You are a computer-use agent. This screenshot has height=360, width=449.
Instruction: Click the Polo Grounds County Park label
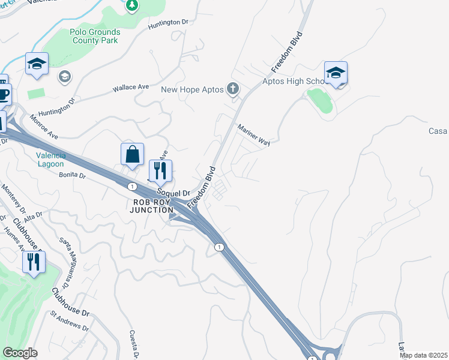pos(95,36)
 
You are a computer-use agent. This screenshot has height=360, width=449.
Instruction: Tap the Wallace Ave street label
pos(130,88)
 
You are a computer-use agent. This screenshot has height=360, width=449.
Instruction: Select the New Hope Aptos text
pos(192,89)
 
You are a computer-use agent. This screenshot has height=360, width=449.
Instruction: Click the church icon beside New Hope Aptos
pos(233,90)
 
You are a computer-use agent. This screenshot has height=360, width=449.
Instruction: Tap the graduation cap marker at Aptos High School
pos(336,73)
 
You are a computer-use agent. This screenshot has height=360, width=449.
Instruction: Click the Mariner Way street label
pos(253,135)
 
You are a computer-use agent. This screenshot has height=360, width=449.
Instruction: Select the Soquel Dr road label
pos(174,193)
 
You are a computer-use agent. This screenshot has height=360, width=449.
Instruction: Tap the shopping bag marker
pos(132,154)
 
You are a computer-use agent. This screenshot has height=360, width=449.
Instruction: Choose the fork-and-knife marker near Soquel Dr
pos(160,170)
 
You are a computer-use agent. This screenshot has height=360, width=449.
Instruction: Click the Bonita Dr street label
pos(73,176)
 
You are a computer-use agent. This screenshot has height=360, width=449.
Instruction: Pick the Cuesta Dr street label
pos(134,344)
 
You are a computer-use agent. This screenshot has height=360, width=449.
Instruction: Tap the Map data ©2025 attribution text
pos(423,355)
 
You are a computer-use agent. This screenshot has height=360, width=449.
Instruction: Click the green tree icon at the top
pos(132,6)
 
